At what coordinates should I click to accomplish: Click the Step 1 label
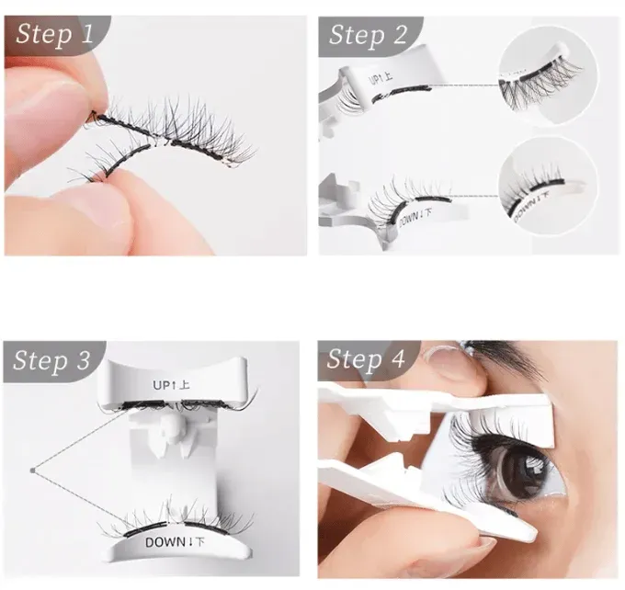point(55,36)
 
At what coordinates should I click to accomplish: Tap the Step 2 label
point(368,36)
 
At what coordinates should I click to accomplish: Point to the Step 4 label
point(367,359)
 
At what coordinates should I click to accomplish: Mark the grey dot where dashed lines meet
point(31,471)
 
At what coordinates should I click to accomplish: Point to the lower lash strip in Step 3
point(179,520)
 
